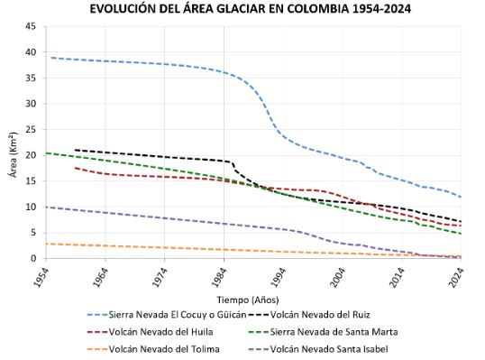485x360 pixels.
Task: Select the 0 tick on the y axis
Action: (32, 259)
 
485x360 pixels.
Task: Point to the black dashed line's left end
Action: (76, 150)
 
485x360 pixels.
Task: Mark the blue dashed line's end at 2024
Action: (461, 197)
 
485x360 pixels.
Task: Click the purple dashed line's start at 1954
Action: (47, 207)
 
